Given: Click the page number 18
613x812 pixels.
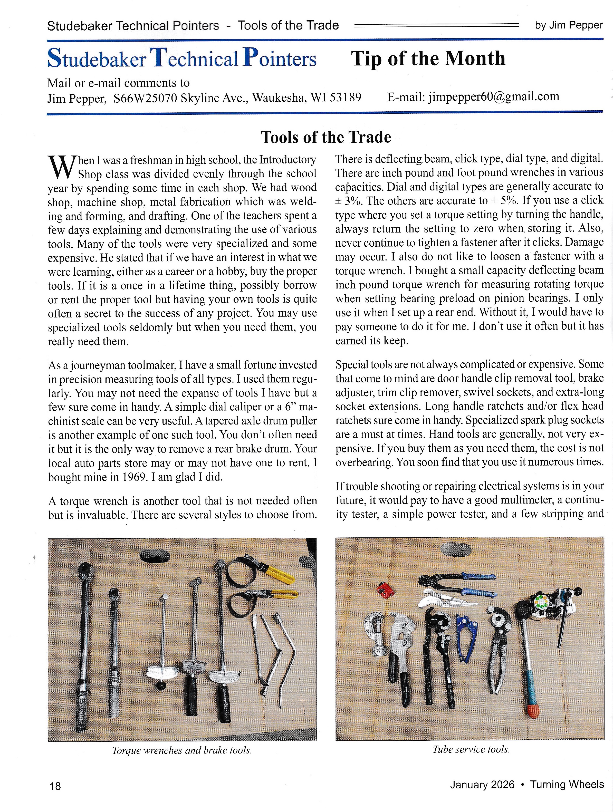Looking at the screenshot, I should [x=55, y=786].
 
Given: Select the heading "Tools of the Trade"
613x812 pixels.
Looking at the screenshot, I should [x=326, y=137].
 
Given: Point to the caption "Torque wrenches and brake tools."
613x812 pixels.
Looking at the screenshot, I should [x=182, y=750].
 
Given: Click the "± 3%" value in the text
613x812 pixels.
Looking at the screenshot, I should [x=348, y=201].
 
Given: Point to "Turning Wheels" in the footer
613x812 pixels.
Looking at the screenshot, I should [x=567, y=785].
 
